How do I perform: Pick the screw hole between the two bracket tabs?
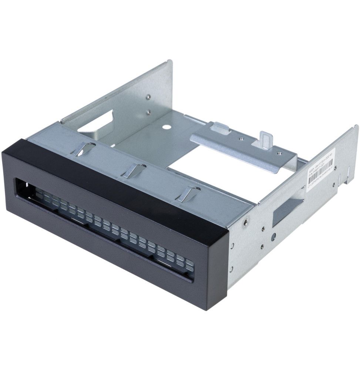click(241, 139)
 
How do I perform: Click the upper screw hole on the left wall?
click(148, 97)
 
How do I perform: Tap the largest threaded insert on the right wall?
click(246, 222)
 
